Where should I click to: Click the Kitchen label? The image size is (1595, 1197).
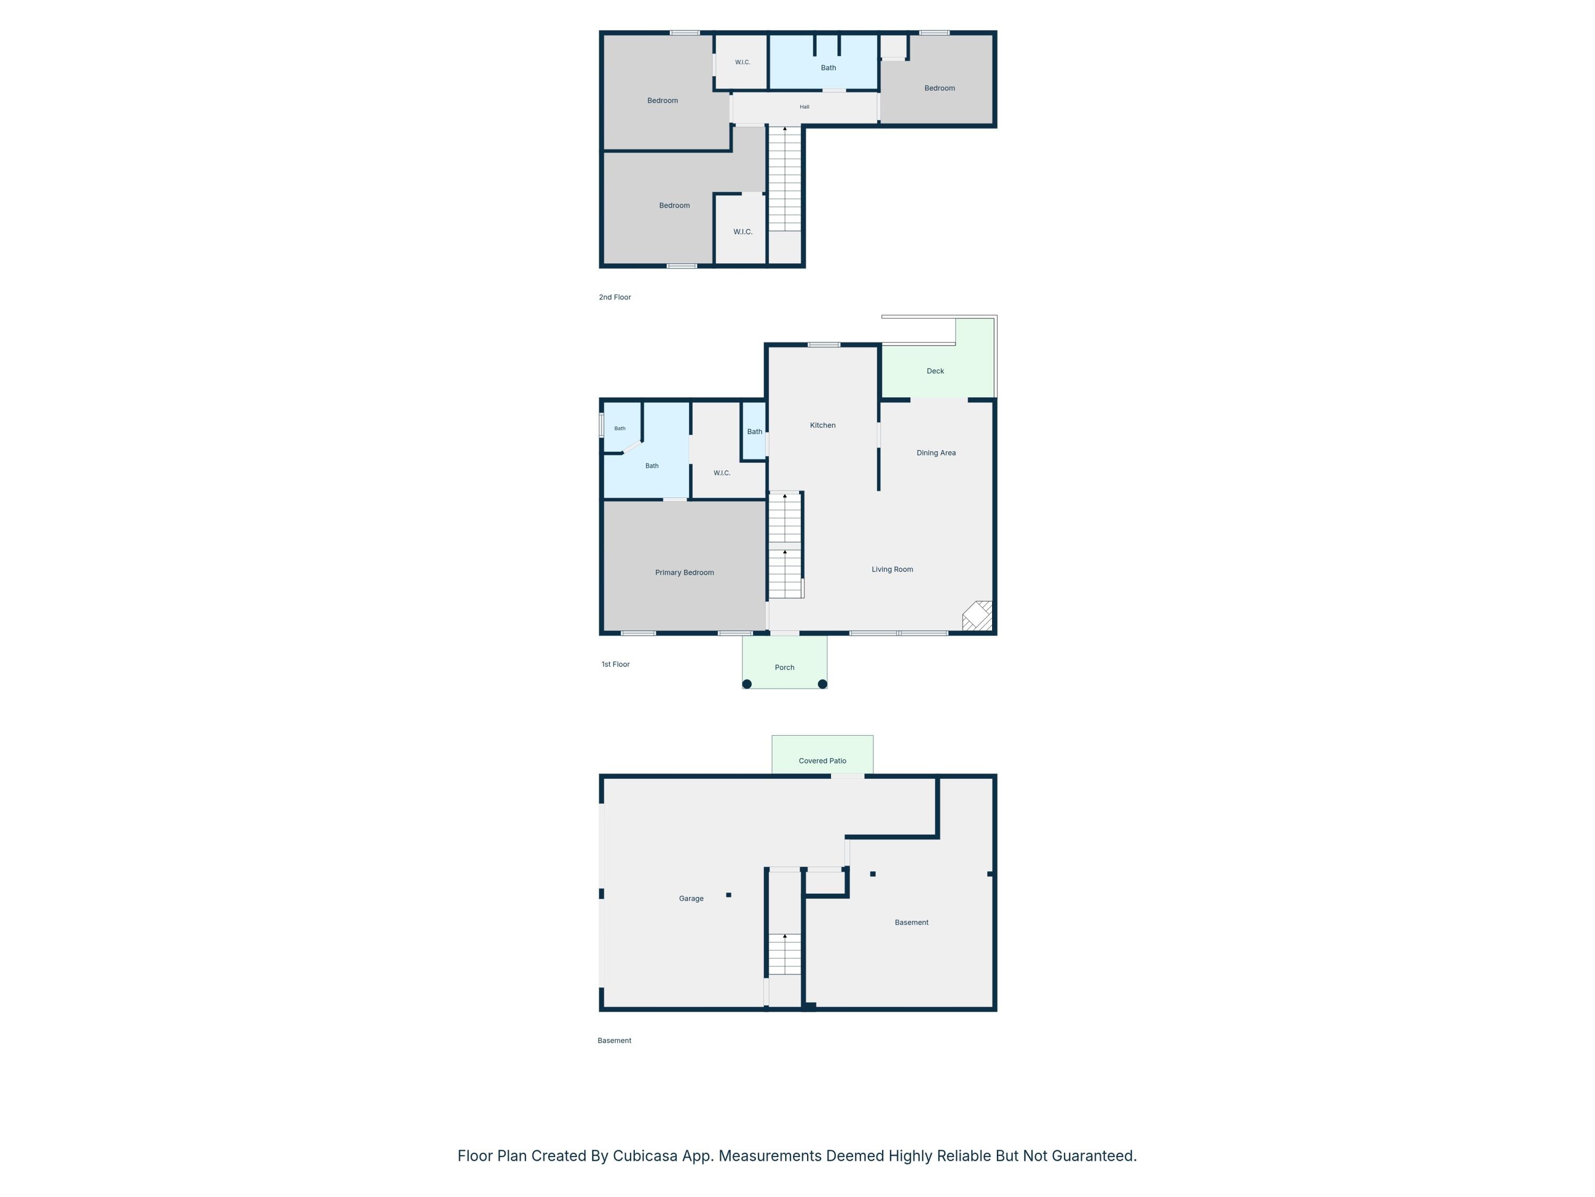822,426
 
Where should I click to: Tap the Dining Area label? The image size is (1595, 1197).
936,453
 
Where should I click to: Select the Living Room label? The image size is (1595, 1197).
892,569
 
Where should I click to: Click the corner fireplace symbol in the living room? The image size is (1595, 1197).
978,616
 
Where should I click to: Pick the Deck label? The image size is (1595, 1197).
935,371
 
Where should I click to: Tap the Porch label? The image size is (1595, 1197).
785,668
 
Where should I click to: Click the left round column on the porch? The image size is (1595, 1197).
747,684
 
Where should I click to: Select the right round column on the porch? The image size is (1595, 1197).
822,684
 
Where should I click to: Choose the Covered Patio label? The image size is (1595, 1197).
822,760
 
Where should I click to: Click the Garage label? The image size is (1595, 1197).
691,899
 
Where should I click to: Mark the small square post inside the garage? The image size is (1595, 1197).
729,895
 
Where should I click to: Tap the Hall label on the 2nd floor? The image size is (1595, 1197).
805,107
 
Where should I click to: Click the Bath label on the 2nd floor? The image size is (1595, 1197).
828,68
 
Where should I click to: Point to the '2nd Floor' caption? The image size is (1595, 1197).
615,297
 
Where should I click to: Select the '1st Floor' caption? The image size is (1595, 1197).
616,664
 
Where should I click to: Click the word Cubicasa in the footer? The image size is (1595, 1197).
645,1156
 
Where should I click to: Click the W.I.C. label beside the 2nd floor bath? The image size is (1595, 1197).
743,63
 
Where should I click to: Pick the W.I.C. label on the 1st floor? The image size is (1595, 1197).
722,473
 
